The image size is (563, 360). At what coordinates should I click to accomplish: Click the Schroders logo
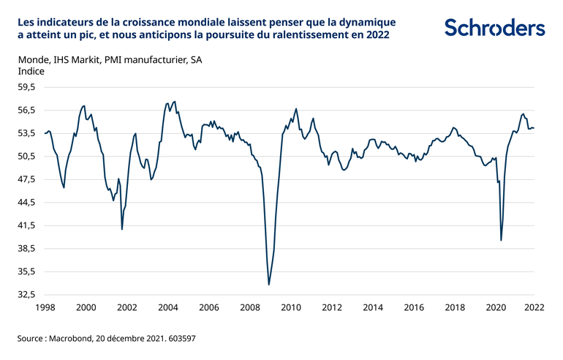click(494, 28)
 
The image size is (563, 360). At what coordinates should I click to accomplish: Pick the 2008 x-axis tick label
click(250, 308)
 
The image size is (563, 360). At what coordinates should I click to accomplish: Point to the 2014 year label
click(373, 308)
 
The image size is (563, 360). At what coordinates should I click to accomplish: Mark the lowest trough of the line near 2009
click(269, 285)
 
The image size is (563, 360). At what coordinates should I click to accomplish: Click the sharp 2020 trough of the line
click(501, 240)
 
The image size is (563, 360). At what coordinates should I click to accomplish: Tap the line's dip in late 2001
click(122, 229)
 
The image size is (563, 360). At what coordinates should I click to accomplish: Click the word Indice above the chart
click(30, 72)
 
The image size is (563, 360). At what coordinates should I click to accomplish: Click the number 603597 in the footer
click(179, 340)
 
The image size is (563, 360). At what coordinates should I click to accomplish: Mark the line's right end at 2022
click(534, 128)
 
